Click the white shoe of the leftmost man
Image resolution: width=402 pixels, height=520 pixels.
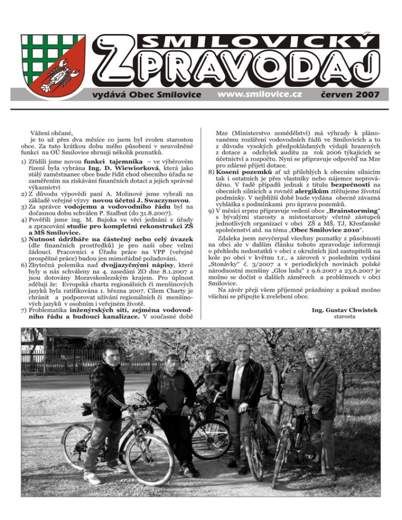pyautogui.click(x=92, y=478)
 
